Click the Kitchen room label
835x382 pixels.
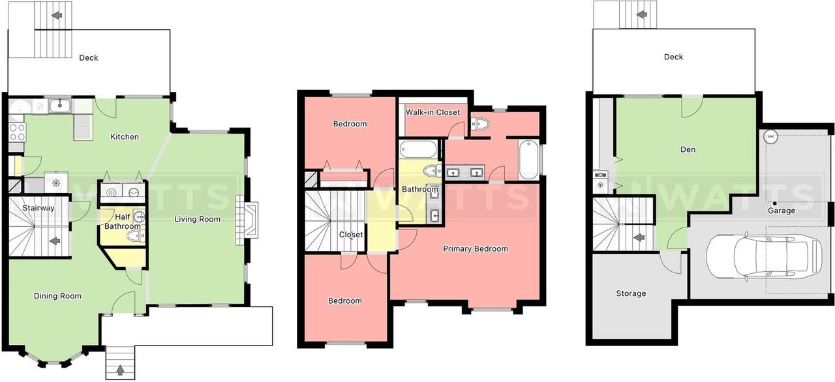125,137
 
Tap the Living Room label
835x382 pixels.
197,219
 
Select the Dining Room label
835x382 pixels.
57,296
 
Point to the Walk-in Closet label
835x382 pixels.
433,112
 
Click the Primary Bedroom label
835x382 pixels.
476,249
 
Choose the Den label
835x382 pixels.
688,149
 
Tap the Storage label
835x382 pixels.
631,293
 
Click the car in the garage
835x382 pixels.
764,257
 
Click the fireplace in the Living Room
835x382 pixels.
247,220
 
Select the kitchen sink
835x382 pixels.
59,106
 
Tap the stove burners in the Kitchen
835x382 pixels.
17,132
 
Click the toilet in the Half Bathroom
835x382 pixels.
136,236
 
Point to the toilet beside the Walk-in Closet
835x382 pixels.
479,124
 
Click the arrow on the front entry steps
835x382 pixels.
120,370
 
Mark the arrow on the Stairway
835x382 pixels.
55,241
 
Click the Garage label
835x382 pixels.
782,211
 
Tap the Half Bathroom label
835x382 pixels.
123,222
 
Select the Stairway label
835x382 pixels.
38,208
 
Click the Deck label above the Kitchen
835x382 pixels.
89,58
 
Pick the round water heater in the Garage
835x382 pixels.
770,137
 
